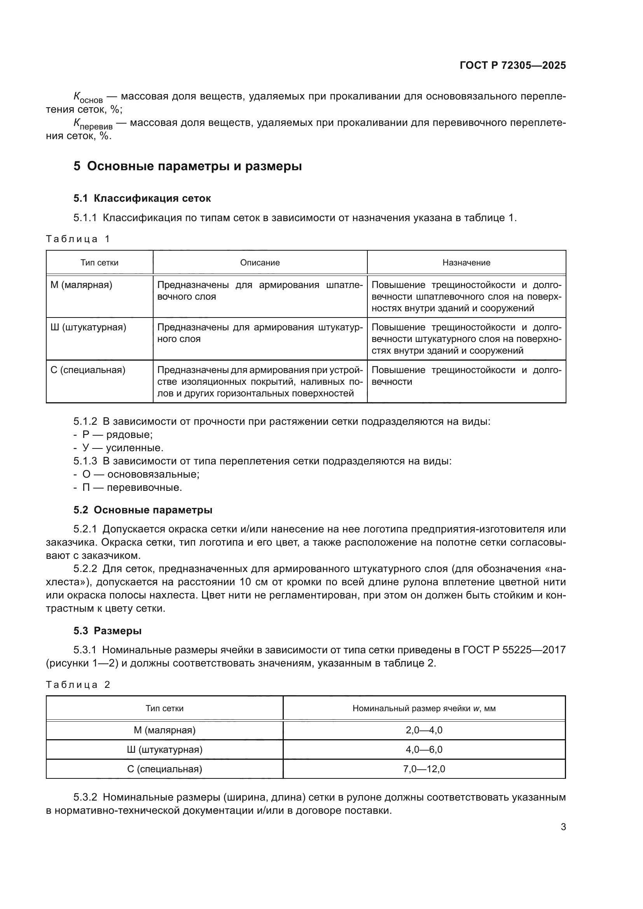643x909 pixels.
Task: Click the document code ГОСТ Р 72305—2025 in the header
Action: pos(513,66)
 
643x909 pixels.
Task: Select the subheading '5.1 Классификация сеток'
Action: pos(142,198)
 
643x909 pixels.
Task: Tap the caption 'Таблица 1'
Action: pos(78,239)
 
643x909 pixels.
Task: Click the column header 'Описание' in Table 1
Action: pos(260,263)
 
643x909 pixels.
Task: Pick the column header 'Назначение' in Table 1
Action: pos(466,263)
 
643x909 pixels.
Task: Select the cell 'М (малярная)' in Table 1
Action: pos(82,285)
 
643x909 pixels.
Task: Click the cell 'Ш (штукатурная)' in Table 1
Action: pos(88,327)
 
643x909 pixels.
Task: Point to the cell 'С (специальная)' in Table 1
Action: pos(88,370)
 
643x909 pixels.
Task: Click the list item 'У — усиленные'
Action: pos(122,448)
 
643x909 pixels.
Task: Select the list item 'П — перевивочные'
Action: pos(132,488)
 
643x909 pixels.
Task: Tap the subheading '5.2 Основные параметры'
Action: pos(143,510)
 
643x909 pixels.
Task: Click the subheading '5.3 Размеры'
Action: pos(107,631)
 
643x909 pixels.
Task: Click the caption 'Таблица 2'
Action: pos(78,685)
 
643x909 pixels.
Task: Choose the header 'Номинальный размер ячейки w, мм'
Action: pos(424,708)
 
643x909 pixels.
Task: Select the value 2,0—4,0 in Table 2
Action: pos(424,730)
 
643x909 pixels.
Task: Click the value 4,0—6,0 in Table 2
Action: pos(424,749)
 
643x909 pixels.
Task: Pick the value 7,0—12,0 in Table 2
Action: pos(424,769)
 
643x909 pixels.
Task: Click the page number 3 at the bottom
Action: pos(563,827)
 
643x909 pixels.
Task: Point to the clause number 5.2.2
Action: pos(85,569)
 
